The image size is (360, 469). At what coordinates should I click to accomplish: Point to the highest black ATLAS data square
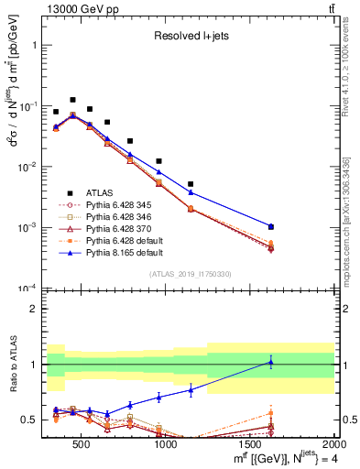point(72,100)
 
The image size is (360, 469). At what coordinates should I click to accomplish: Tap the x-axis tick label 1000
point(166,445)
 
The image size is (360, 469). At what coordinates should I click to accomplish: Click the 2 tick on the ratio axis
point(35,309)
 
